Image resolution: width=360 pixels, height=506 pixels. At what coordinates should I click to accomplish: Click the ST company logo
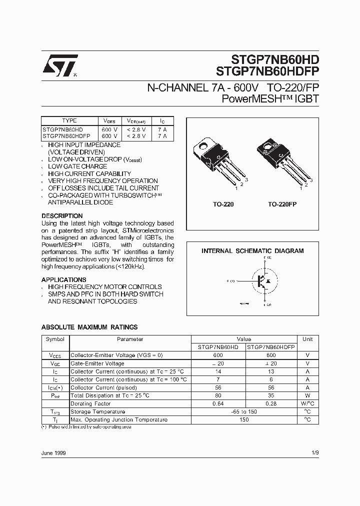(x=59, y=65)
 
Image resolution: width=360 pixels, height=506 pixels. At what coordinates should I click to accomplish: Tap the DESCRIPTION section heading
(x=62, y=216)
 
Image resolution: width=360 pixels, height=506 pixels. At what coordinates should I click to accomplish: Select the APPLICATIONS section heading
(x=63, y=279)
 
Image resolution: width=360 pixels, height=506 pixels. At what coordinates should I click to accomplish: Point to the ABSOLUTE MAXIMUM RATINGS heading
(x=89, y=327)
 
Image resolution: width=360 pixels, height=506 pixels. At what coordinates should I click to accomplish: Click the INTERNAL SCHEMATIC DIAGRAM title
(x=252, y=251)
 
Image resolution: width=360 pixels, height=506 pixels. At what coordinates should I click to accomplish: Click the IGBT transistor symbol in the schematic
(x=260, y=280)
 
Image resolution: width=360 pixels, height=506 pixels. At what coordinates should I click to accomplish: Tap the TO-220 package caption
(x=223, y=204)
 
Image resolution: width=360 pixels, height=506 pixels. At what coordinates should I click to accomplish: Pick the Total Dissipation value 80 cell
(x=218, y=395)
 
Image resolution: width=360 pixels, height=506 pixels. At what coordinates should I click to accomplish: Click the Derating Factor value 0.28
(x=271, y=403)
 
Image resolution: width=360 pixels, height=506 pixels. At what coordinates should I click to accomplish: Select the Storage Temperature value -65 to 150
(x=244, y=411)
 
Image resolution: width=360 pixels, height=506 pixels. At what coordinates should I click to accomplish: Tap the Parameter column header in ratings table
(x=130, y=339)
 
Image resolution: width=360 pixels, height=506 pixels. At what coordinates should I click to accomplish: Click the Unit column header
(x=307, y=339)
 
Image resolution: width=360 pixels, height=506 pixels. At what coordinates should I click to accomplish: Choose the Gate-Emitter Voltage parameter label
(x=97, y=363)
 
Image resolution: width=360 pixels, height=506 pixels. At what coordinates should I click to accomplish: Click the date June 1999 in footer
(x=53, y=452)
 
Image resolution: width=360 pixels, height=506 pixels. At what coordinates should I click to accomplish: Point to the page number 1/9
(x=314, y=452)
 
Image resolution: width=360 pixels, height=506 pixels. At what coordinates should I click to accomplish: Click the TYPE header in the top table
(x=69, y=120)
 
